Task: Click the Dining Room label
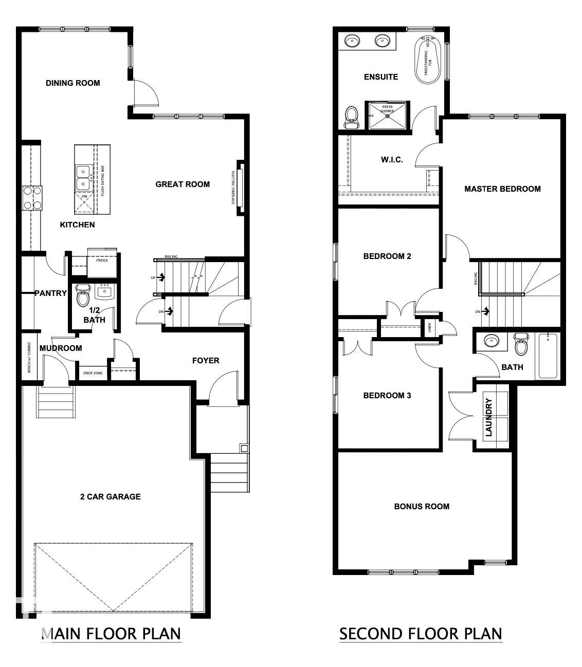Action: click(x=72, y=83)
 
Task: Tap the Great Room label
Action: click(x=183, y=184)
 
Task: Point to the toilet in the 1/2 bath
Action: click(x=82, y=298)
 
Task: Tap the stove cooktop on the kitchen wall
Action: click(x=32, y=198)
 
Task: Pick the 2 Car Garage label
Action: click(x=110, y=496)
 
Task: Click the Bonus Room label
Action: click(x=422, y=506)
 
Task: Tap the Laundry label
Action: click(x=489, y=417)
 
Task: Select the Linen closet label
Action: click(x=430, y=327)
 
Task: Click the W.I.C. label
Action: click(x=392, y=159)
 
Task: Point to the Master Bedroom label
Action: click(x=502, y=189)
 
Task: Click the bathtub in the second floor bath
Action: click(x=548, y=356)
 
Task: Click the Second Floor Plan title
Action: click(x=420, y=633)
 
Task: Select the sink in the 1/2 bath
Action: click(x=105, y=292)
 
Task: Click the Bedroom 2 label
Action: click(x=387, y=256)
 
